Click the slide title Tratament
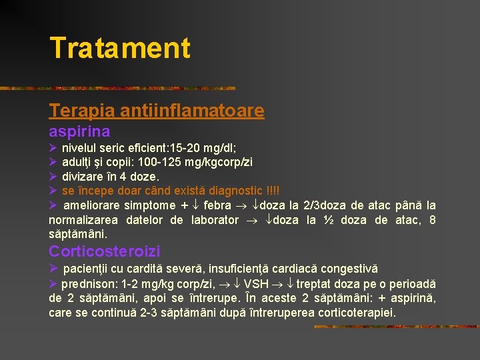pyautogui.click(x=120, y=48)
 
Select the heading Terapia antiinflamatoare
pyautogui.click(x=156, y=111)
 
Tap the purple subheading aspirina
pyautogui.click(x=79, y=131)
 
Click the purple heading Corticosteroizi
pyautogui.click(x=105, y=251)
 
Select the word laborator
pyautogui.click(x=214, y=221)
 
